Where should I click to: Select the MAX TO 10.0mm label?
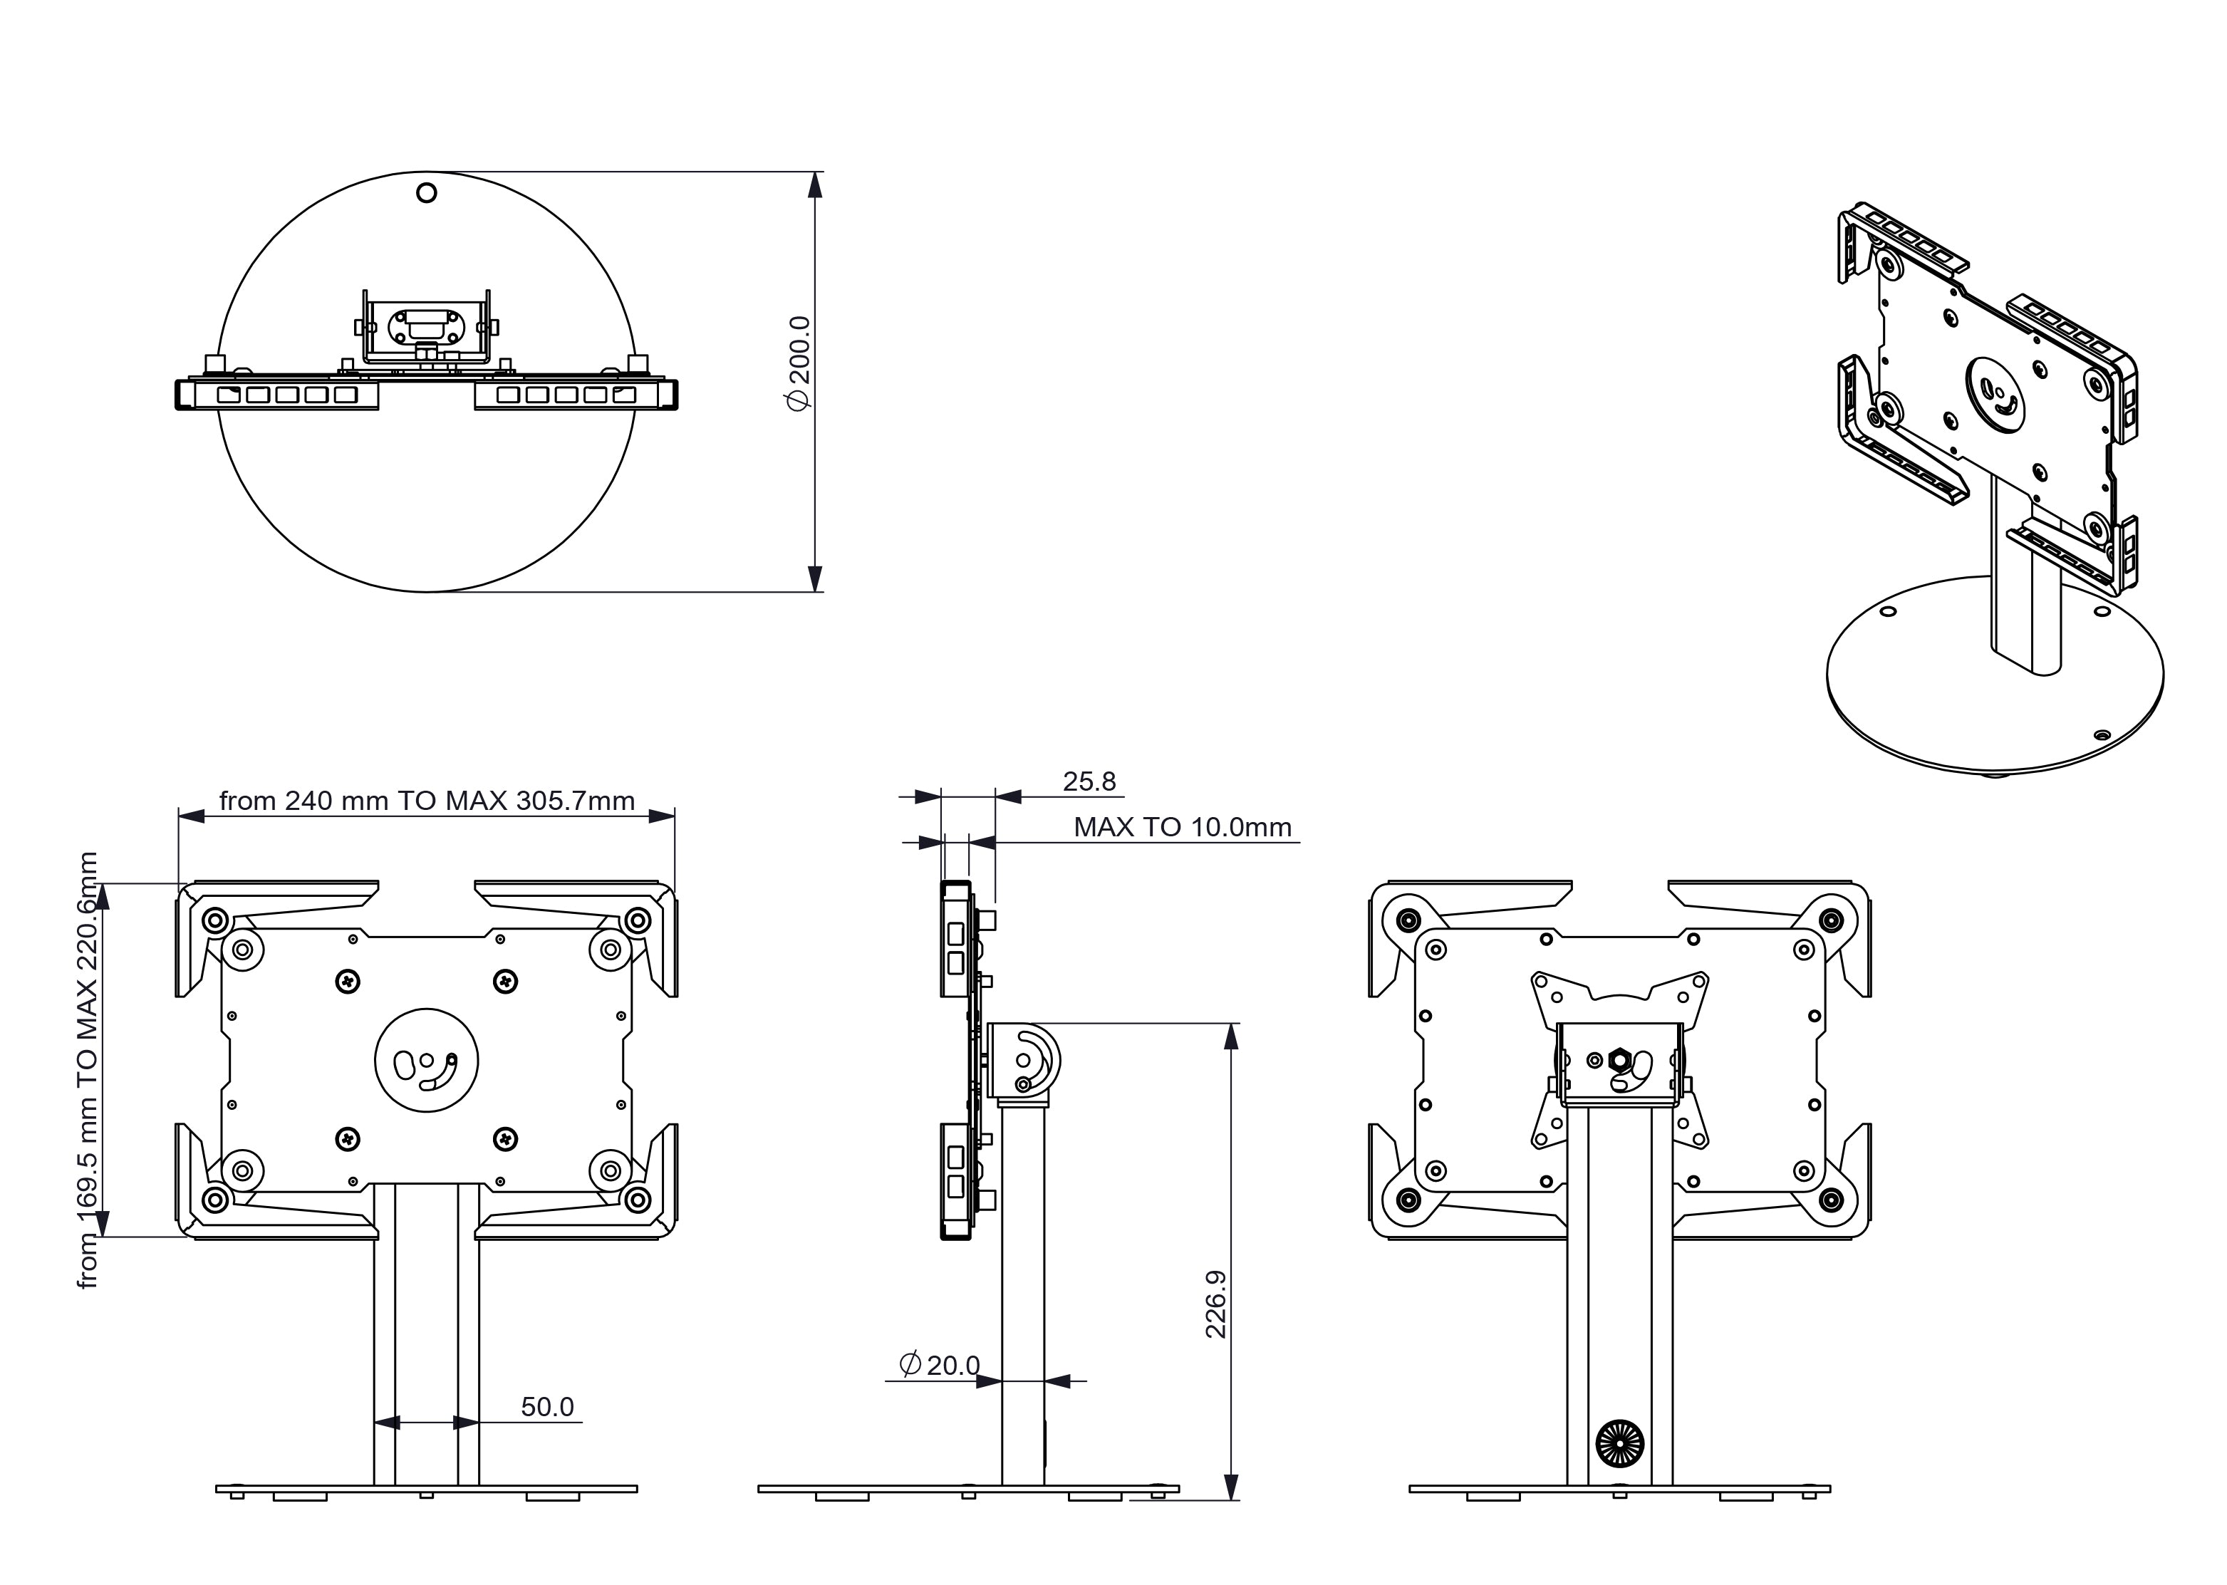(x=1182, y=828)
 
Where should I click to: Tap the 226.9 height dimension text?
(x=1216, y=1304)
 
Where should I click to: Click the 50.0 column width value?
(x=546, y=1406)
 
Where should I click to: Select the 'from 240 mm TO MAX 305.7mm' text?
(x=427, y=801)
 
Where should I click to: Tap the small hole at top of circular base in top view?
(x=427, y=192)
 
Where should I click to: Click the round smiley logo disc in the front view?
(x=427, y=1060)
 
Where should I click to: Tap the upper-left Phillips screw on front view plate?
(x=348, y=981)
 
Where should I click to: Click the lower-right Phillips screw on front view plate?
(x=504, y=1138)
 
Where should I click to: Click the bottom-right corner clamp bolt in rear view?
(x=1832, y=1200)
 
